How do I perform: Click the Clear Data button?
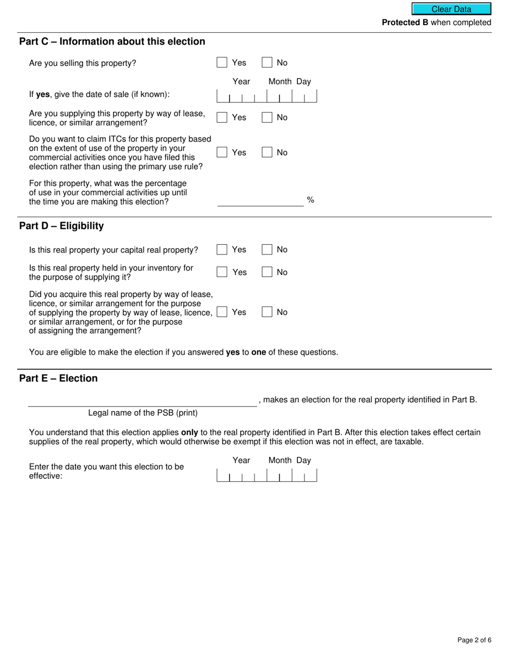pyautogui.click(x=451, y=9)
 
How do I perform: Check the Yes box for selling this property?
pyautogui.click(x=222, y=63)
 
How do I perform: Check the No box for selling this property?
pyautogui.click(x=267, y=63)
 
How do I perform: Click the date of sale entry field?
pyautogui.click(x=266, y=96)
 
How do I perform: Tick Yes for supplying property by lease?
pyautogui.click(x=222, y=117)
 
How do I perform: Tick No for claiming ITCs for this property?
pyautogui.click(x=267, y=153)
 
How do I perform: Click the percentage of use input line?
pyautogui.click(x=260, y=201)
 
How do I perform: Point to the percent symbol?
pyautogui.click(x=310, y=200)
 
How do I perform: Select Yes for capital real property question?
pyautogui.click(x=222, y=250)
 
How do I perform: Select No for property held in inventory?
pyautogui.click(x=267, y=272)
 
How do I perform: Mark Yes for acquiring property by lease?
pyautogui.click(x=222, y=312)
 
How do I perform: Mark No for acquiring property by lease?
pyautogui.click(x=267, y=312)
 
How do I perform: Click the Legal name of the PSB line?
pyautogui.click(x=143, y=401)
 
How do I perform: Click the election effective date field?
pyautogui.click(x=266, y=475)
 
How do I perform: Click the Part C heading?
pyautogui.click(x=112, y=42)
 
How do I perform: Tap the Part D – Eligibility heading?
pyautogui.click(x=62, y=226)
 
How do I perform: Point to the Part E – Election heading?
pyautogui.click(x=58, y=379)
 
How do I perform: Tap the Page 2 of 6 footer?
pyautogui.click(x=474, y=640)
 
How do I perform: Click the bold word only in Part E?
pyautogui.click(x=190, y=432)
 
